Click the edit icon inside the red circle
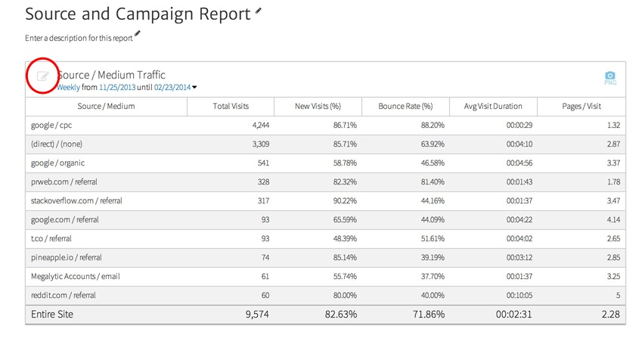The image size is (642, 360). pyautogui.click(x=43, y=76)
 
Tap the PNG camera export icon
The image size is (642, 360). pyautogui.click(x=609, y=76)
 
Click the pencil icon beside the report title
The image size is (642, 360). pyautogui.click(x=259, y=12)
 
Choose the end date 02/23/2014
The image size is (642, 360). pyautogui.click(x=172, y=87)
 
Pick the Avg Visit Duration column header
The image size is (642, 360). pyautogui.click(x=493, y=107)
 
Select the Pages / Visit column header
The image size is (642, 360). pyautogui.click(x=582, y=107)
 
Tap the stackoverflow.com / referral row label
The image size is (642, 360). pyautogui.click(x=76, y=200)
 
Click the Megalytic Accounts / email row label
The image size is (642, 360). pyautogui.click(x=75, y=276)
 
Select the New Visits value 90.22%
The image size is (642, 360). pyautogui.click(x=342, y=200)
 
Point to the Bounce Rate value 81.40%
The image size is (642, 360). pyautogui.click(x=430, y=182)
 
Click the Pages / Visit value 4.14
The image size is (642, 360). pyautogui.click(x=613, y=219)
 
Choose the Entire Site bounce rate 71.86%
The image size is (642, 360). pyautogui.click(x=426, y=315)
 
